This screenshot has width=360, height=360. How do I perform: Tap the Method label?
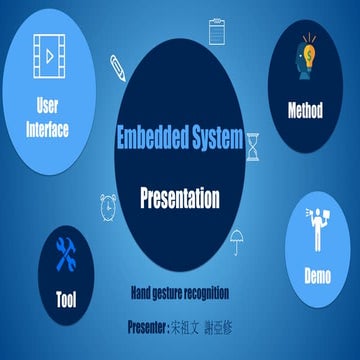tap(304, 109)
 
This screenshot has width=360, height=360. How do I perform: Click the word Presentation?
tap(179, 197)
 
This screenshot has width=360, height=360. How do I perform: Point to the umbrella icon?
tap(239, 239)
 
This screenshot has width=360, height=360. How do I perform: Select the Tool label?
tap(65, 298)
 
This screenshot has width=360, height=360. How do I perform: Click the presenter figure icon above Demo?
tap(319, 226)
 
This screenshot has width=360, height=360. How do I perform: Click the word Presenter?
tap(153, 325)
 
